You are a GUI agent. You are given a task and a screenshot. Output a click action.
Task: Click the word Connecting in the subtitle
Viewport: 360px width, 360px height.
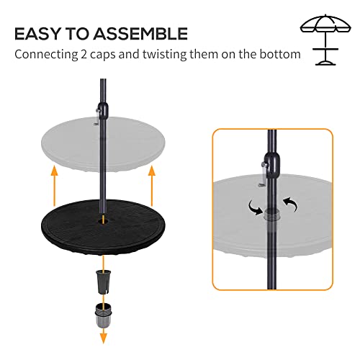point(48,55)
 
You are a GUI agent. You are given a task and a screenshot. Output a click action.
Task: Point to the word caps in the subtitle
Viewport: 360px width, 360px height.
point(109,55)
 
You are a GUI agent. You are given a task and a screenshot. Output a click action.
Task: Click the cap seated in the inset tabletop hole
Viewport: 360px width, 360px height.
point(271,214)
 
